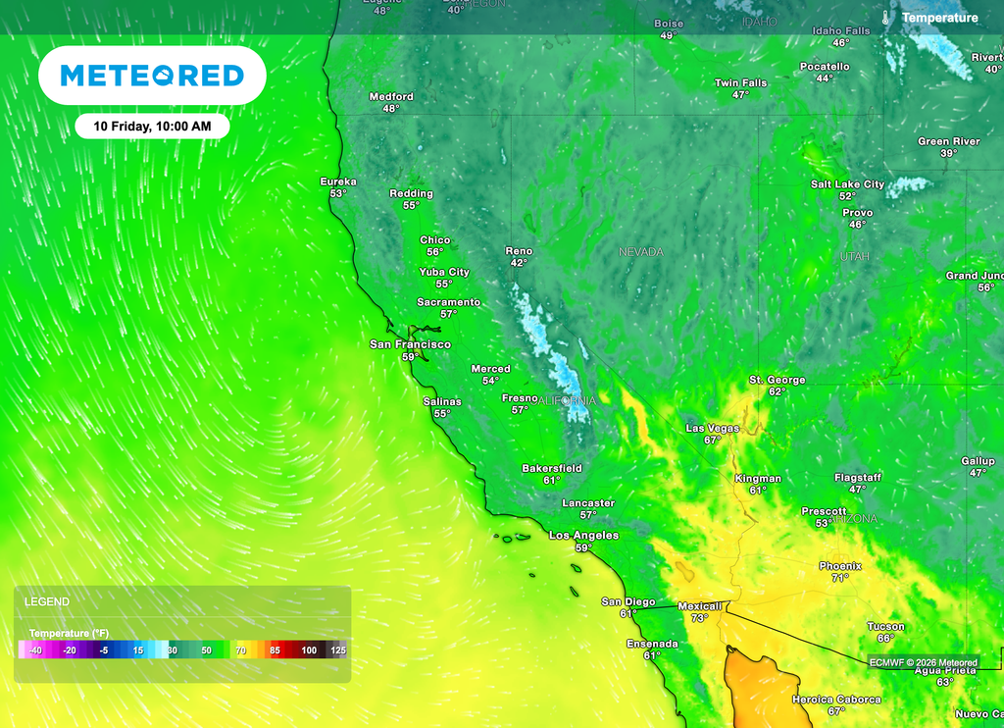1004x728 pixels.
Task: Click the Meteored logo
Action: [x=152, y=76]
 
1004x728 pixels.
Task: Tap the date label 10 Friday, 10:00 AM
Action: [x=152, y=127]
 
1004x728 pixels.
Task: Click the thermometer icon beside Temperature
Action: [x=885, y=18]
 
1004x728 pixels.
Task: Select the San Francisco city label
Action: [x=410, y=344]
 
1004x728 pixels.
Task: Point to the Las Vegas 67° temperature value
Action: [x=713, y=441]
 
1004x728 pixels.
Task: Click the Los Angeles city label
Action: [x=583, y=536]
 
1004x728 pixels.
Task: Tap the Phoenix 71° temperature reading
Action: [x=840, y=578]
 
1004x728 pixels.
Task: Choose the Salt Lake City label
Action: [x=847, y=184]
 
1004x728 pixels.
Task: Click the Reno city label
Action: [x=519, y=251]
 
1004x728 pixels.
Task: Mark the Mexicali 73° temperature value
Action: [x=698, y=618]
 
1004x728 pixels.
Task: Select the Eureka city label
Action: [x=338, y=182]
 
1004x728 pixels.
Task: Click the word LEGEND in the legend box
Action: [x=47, y=601]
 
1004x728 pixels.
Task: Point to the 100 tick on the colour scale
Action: [x=309, y=650]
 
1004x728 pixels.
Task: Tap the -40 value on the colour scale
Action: [x=34, y=650]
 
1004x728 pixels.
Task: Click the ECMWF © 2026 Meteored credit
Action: [x=924, y=662]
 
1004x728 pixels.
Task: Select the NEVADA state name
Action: [x=641, y=252]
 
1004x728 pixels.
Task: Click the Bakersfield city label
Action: [x=552, y=469]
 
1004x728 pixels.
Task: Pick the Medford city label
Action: [x=391, y=97]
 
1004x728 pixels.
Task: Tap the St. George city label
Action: [x=778, y=380]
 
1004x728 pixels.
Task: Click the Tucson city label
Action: [x=885, y=626]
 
